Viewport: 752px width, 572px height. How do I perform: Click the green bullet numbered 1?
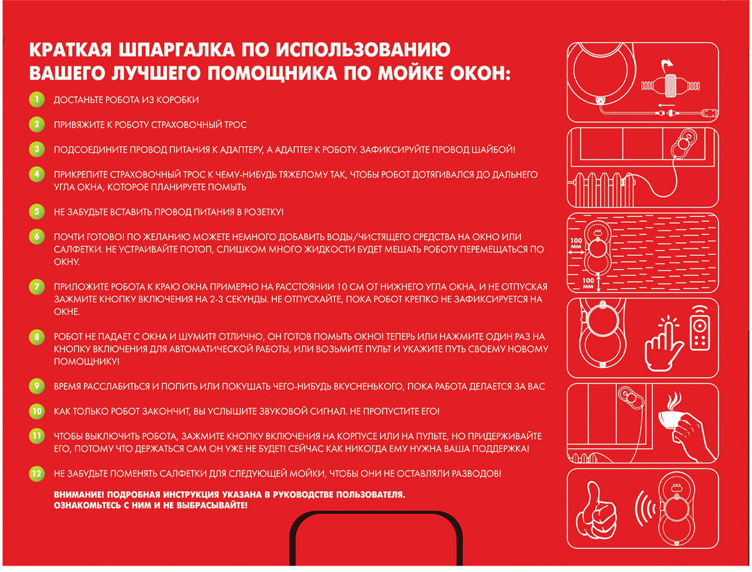pyautogui.click(x=37, y=99)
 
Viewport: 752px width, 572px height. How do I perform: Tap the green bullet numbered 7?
pyautogui.click(x=37, y=287)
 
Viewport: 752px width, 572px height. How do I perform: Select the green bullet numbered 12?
pyautogui.click(x=37, y=473)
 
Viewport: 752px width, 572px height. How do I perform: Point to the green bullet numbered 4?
pyautogui.click(x=37, y=174)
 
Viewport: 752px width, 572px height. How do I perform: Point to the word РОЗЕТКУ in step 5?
pyautogui.click(x=263, y=212)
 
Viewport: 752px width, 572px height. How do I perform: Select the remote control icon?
pyautogui.click(x=700, y=328)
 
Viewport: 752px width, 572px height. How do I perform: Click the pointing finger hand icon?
pyautogui.click(x=663, y=344)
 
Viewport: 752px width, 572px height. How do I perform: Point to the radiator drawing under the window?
pyautogui.click(x=603, y=189)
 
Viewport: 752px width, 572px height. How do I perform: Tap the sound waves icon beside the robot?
pyautogui.click(x=646, y=508)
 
